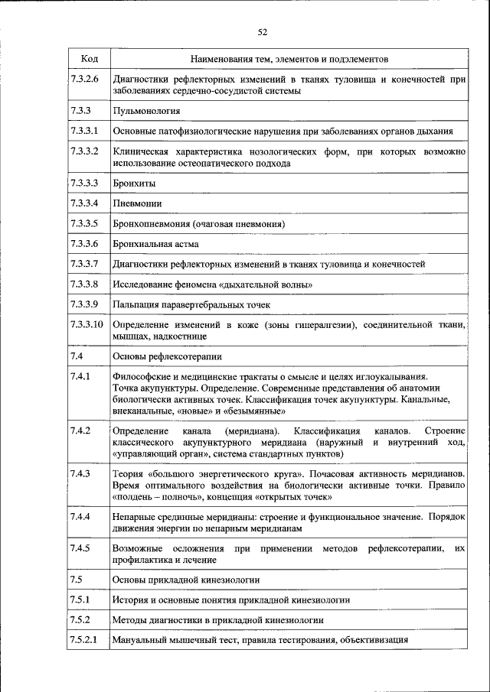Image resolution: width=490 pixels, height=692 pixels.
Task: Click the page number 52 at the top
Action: click(262, 32)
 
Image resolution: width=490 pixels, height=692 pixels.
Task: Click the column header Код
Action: click(88, 59)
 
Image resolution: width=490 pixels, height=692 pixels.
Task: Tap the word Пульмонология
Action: click(142, 111)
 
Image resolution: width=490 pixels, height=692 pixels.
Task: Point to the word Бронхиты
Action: click(133, 184)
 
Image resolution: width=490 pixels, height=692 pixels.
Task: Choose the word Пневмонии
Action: click(137, 204)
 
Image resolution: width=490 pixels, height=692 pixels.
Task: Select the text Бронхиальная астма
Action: click(155, 244)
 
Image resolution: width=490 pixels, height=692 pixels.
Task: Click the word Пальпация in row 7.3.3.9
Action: click(136, 304)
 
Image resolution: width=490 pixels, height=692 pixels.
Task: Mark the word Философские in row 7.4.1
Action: click(140, 376)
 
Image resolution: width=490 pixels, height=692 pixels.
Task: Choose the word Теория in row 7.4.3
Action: click(127, 474)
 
